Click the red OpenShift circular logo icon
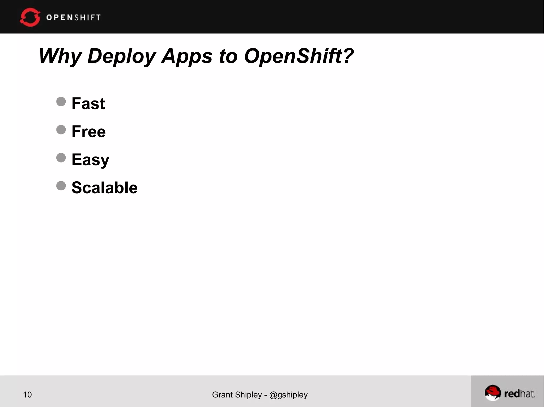tap(30, 17)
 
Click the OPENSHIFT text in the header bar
tap(74, 17)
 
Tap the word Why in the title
tap(60, 56)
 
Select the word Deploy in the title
tap(121, 56)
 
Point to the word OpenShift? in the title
tap(299, 56)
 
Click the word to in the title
tap(228, 56)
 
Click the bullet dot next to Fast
tap(61, 102)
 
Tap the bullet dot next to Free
tap(61, 130)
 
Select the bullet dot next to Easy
tap(61, 158)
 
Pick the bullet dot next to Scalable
tap(61, 186)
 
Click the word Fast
tap(88, 103)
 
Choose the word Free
tap(88, 132)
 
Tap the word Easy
tap(90, 160)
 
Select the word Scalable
tap(104, 188)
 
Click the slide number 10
tap(27, 395)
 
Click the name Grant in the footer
tap(222, 395)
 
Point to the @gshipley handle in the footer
tap(288, 395)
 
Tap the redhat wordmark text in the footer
tap(520, 394)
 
